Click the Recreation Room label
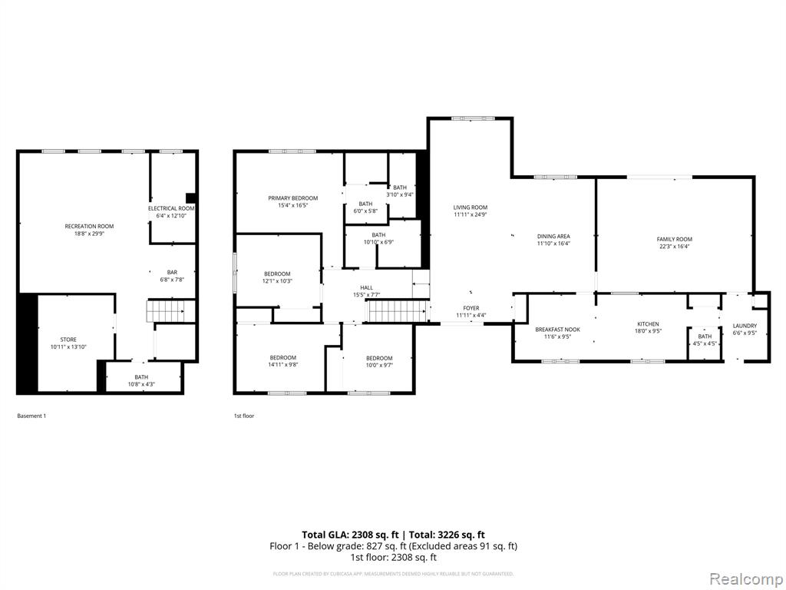[x=89, y=226]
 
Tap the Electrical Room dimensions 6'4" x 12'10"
[x=171, y=216]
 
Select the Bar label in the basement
[x=172, y=272]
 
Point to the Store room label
[x=68, y=340]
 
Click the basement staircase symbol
[x=167, y=311]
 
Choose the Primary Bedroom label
[x=292, y=198]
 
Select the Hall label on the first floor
[x=367, y=288]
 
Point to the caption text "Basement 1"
[x=31, y=416]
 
